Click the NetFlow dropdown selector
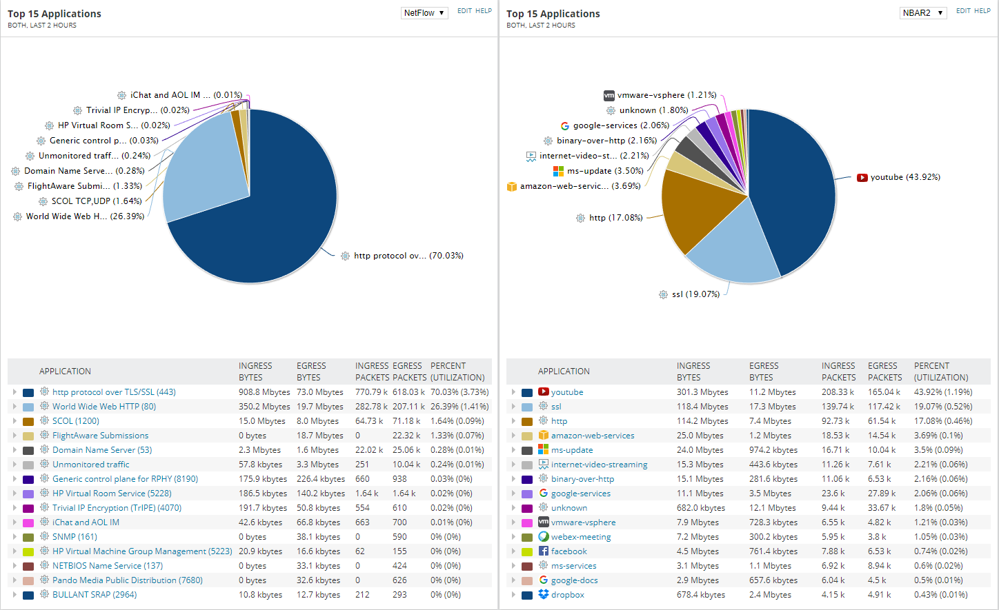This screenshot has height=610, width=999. pos(424,13)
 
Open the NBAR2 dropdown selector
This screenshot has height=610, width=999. pos(923,13)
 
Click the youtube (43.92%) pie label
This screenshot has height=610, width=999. pos(904,177)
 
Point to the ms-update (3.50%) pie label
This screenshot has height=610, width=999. pos(604,171)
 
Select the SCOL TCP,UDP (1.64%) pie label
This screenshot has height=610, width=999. pos(96,201)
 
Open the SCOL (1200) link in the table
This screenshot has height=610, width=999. pos(76,421)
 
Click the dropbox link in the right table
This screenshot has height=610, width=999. pos(567,595)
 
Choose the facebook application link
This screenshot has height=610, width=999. pos(568,551)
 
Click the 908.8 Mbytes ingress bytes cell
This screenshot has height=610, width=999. pos(264,392)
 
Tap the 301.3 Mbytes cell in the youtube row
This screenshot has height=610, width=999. pos(702,392)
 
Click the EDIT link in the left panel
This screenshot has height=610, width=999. pos(464,11)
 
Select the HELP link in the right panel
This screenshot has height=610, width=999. pos(982,11)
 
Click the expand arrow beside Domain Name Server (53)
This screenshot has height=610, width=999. pos(14,450)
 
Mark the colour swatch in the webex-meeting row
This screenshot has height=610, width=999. pos(527,538)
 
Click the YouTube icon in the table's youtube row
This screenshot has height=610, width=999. pos(544,392)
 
